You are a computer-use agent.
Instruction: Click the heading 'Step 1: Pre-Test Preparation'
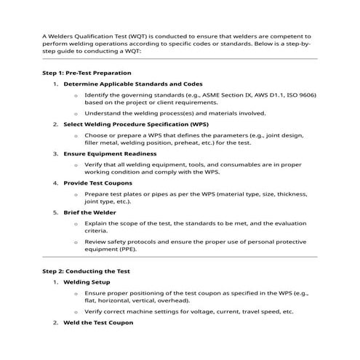tap(87, 73)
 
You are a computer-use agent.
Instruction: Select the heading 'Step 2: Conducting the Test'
tap(85, 270)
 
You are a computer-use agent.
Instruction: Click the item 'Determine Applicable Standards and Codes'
tap(133, 84)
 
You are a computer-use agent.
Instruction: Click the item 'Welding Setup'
tap(87, 281)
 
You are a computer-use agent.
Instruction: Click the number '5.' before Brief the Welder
tap(56, 212)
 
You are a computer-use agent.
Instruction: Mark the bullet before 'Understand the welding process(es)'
tap(76, 113)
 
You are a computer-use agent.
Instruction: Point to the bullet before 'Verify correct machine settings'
tap(76, 311)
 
